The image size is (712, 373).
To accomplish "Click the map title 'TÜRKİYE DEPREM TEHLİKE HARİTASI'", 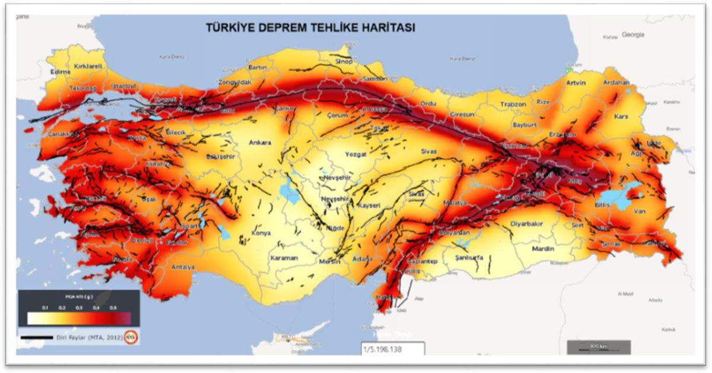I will (x=310, y=28).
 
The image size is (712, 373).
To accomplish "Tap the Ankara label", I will (x=260, y=143).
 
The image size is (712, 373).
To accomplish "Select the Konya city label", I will (x=261, y=233).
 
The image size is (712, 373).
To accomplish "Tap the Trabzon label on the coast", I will (x=513, y=104).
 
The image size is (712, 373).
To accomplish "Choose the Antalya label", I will (x=183, y=267).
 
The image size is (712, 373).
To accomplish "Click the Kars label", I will (x=621, y=116).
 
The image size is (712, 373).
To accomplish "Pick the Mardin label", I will (x=543, y=249).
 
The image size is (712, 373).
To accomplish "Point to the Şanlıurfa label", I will (x=469, y=258).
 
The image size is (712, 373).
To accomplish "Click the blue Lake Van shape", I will (x=617, y=199).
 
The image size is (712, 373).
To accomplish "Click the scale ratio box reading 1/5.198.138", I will (x=392, y=349).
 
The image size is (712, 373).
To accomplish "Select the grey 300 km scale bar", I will (x=598, y=346).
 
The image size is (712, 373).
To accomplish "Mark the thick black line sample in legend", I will (x=37, y=339).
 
